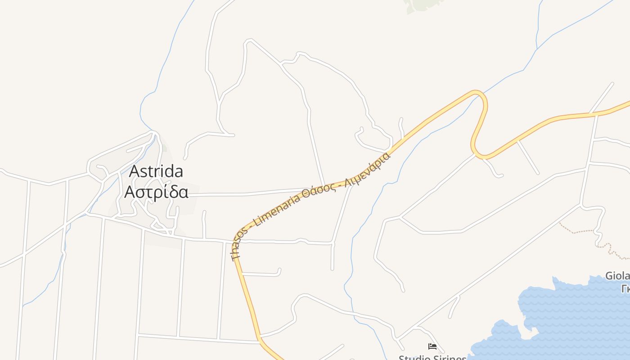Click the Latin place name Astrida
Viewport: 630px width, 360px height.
(x=156, y=171)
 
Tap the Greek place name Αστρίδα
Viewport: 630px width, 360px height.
(x=156, y=192)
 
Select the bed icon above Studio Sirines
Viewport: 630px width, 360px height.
(x=432, y=346)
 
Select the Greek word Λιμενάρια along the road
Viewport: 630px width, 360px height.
(x=367, y=170)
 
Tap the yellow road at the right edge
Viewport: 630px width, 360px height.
(x=627, y=103)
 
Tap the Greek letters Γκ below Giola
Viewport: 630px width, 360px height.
(x=625, y=289)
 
